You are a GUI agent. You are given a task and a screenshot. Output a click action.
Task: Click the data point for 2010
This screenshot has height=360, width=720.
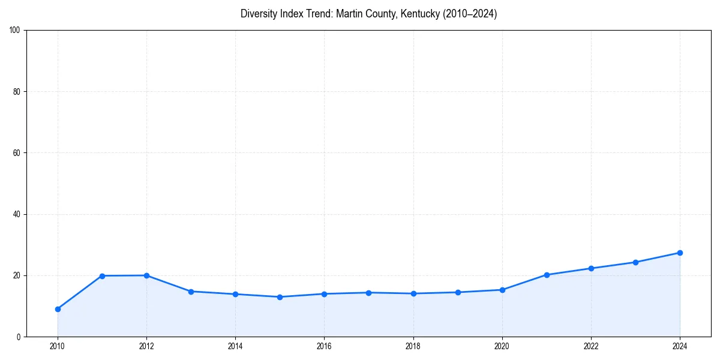click(x=58, y=309)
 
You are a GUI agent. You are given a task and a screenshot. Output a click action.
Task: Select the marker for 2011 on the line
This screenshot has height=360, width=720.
click(x=102, y=276)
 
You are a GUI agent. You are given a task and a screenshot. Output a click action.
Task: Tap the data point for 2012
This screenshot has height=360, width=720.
click(x=146, y=275)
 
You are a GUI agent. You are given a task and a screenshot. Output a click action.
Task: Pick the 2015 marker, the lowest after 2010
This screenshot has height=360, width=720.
click(x=280, y=297)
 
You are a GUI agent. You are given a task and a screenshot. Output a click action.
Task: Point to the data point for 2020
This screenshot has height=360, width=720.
click(x=502, y=290)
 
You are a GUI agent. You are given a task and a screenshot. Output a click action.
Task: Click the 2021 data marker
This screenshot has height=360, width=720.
click(x=547, y=275)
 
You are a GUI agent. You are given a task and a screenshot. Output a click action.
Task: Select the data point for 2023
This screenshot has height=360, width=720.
click(x=635, y=262)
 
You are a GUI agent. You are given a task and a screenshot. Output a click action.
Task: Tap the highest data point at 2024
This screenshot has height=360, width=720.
click(x=680, y=253)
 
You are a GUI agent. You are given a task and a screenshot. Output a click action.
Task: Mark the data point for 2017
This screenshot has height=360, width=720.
click(x=368, y=293)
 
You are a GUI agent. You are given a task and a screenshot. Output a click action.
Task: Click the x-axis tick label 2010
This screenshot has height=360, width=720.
click(x=58, y=346)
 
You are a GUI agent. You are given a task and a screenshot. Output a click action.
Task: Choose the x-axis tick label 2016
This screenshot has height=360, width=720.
click(x=324, y=346)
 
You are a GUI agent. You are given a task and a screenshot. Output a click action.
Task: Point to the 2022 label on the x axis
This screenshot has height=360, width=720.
click(x=591, y=346)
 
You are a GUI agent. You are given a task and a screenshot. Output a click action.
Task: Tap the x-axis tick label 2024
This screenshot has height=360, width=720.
click(x=680, y=346)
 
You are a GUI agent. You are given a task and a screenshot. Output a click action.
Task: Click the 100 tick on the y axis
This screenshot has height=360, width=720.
click(x=16, y=31)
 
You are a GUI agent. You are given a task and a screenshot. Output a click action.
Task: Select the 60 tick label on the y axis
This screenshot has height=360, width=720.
click(x=17, y=153)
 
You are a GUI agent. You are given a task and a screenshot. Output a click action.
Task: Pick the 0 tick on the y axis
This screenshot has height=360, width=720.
click(x=19, y=337)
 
